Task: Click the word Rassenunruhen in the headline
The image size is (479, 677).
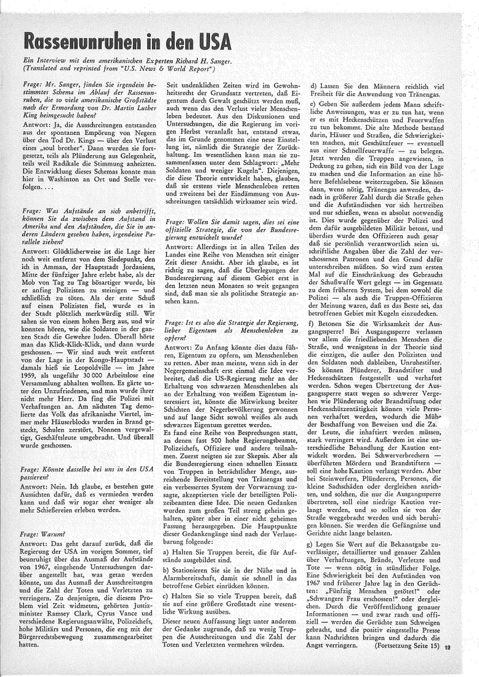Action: [90, 41]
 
